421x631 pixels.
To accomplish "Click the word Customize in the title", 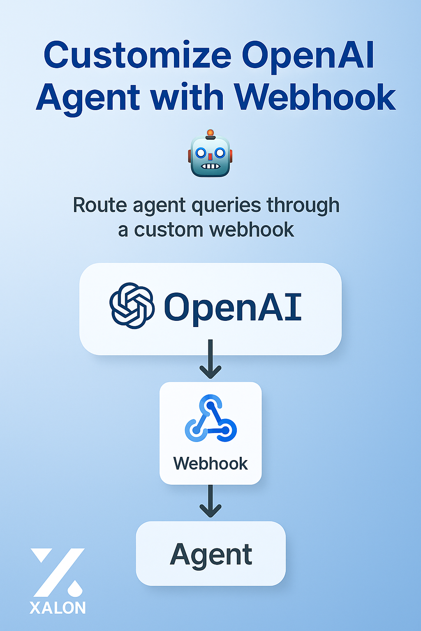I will pyautogui.click(x=138, y=55).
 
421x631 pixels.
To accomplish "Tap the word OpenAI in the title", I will pyautogui.click(x=308, y=55).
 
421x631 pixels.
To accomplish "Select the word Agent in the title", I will pyautogui.click(x=88, y=97).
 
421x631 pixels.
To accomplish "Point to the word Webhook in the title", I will pyautogui.click(x=315, y=97).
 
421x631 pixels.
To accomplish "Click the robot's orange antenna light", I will pyautogui.click(x=210, y=133).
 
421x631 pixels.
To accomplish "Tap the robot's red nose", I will pyautogui.click(x=210, y=156).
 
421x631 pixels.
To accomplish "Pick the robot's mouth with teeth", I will pyautogui.click(x=210, y=166).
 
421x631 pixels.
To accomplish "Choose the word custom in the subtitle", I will pyautogui.click(x=169, y=230).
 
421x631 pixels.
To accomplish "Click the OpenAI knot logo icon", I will pyautogui.click(x=132, y=306).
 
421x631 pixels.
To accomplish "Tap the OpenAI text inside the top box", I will pyautogui.click(x=233, y=307).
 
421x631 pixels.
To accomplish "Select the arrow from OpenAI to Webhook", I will pyautogui.click(x=210, y=360).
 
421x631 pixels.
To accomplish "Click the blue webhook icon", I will pyautogui.click(x=210, y=419).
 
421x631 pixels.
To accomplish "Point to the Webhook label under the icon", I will pyautogui.click(x=210, y=464).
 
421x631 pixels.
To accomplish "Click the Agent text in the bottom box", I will pyautogui.click(x=211, y=555).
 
